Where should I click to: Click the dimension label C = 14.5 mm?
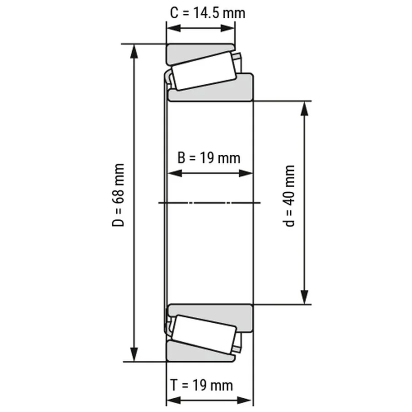point(207,13)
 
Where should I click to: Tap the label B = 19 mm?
point(209,158)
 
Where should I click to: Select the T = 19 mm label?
point(202,385)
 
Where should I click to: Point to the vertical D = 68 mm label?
point(118,195)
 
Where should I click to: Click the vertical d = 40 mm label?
point(289,196)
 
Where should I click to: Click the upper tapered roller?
point(204,71)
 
